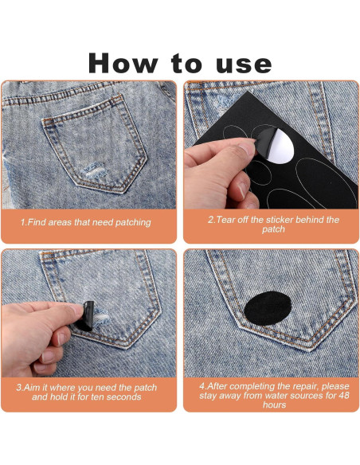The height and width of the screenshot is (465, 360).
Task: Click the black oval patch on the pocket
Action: [x=268, y=308]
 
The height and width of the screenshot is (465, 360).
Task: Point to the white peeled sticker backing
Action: [x=280, y=146]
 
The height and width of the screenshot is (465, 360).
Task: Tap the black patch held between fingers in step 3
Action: [x=86, y=316]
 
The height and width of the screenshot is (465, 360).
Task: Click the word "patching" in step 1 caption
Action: [x=133, y=222]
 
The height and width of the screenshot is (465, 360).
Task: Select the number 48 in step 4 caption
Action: [x=344, y=395]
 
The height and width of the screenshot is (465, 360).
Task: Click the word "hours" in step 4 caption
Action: [x=274, y=404]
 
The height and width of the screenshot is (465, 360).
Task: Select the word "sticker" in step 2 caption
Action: [x=280, y=220]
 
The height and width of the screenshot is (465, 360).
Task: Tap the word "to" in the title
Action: [x=186, y=64]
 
